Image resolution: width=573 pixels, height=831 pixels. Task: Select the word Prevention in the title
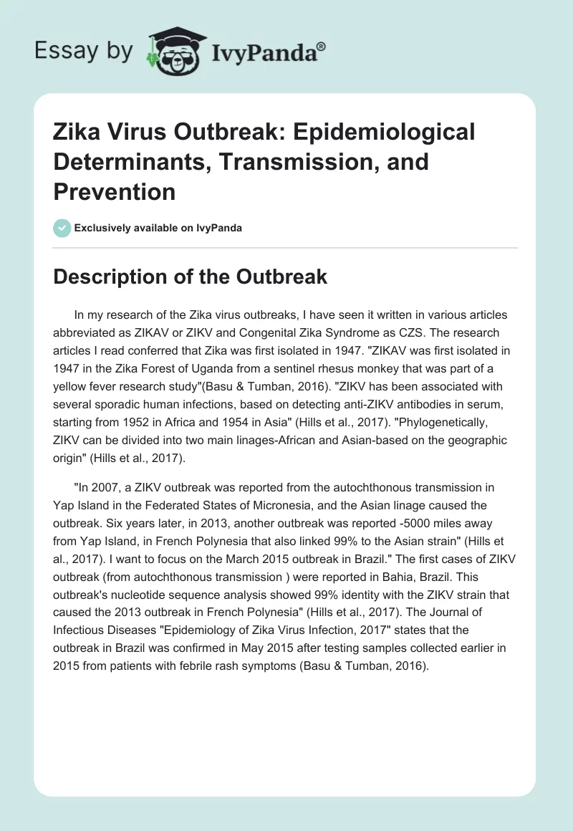(x=115, y=191)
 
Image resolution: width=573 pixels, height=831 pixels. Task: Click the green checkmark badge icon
(x=62, y=228)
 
